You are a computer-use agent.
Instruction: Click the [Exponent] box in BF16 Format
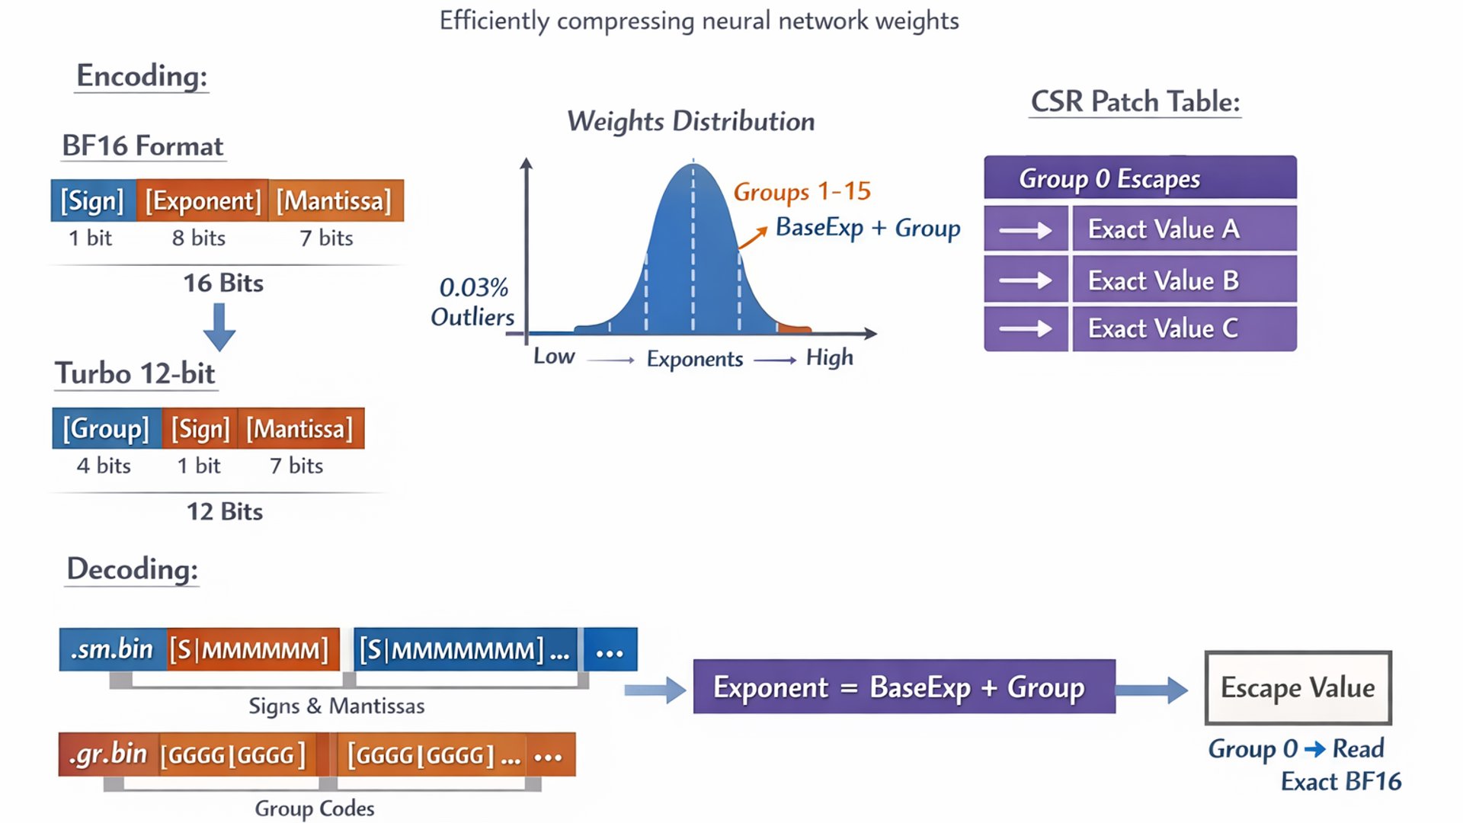click(x=203, y=201)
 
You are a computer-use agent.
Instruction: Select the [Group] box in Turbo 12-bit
click(x=106, y=429)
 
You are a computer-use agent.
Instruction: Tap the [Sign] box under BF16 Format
click(x=92, y=201)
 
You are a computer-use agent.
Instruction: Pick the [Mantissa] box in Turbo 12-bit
click(x=299, y=429)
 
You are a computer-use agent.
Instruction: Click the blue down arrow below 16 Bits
click(x=219, y=327)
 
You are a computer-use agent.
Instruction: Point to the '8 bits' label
click(x=198, y=239)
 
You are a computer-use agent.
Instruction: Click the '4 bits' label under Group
click(x=104, y=466)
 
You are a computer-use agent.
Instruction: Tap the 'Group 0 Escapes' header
click(x=1139, y=178)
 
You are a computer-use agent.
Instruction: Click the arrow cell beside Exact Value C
click(x=1026, y=328)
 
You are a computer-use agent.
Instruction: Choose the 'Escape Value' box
click(x=1298, y=688)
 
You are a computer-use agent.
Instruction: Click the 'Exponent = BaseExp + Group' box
click(x=904, y=687)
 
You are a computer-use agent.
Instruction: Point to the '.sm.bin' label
click(x=112, y=649)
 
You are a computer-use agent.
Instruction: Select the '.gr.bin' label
click(x=108, y=754)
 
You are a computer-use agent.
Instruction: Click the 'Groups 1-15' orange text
click(x=802, y=191)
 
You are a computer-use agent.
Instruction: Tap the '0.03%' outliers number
click(x=473, y=287)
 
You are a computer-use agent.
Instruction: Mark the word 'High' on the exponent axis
click(x=829, y=357)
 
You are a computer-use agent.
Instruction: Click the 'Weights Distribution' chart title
click(x=690, y=121)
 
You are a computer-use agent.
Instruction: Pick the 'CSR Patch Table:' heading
click(x=1135, y=102)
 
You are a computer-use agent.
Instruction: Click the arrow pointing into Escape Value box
click(x=1151, y=690)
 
